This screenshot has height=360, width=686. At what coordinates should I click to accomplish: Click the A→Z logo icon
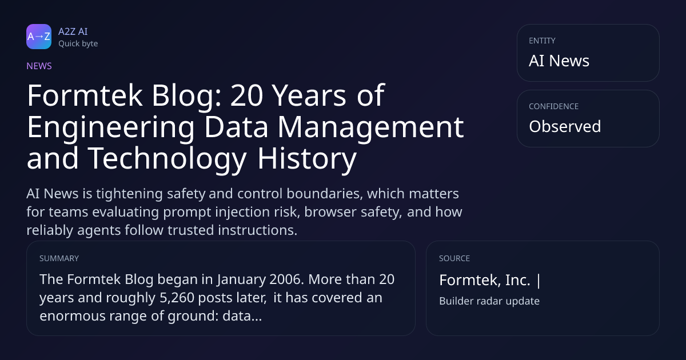[39, 37]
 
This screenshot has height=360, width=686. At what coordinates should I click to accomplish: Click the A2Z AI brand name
[73, 31]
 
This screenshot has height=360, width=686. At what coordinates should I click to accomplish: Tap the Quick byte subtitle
[78, 44]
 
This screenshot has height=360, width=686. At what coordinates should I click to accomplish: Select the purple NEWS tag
[39, 66]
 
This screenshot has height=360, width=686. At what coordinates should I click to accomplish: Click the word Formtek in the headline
[85, 95]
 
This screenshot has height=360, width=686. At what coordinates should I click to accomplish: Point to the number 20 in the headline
[246, 95]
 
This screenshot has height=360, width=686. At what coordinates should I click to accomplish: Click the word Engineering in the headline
[110, 127]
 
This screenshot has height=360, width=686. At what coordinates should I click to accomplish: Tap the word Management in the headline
[370, 127]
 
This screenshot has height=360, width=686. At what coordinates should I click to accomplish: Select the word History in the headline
[307, 159]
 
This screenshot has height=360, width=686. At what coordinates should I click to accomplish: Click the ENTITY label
[542, 41]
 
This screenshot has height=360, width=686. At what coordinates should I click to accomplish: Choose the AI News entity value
[559, 61]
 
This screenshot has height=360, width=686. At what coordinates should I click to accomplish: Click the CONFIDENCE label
[554, 106]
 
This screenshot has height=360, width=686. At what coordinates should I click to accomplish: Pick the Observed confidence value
[565, 126]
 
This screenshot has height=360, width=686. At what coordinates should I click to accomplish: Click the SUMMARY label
[59, 258]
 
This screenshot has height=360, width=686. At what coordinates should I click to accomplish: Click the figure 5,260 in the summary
[177, 298]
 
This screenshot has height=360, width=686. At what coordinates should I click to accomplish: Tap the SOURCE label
[454, 258]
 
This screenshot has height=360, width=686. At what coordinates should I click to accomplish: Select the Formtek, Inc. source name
[485, 280]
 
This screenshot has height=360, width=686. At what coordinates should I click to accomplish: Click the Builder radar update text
[489, 301]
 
